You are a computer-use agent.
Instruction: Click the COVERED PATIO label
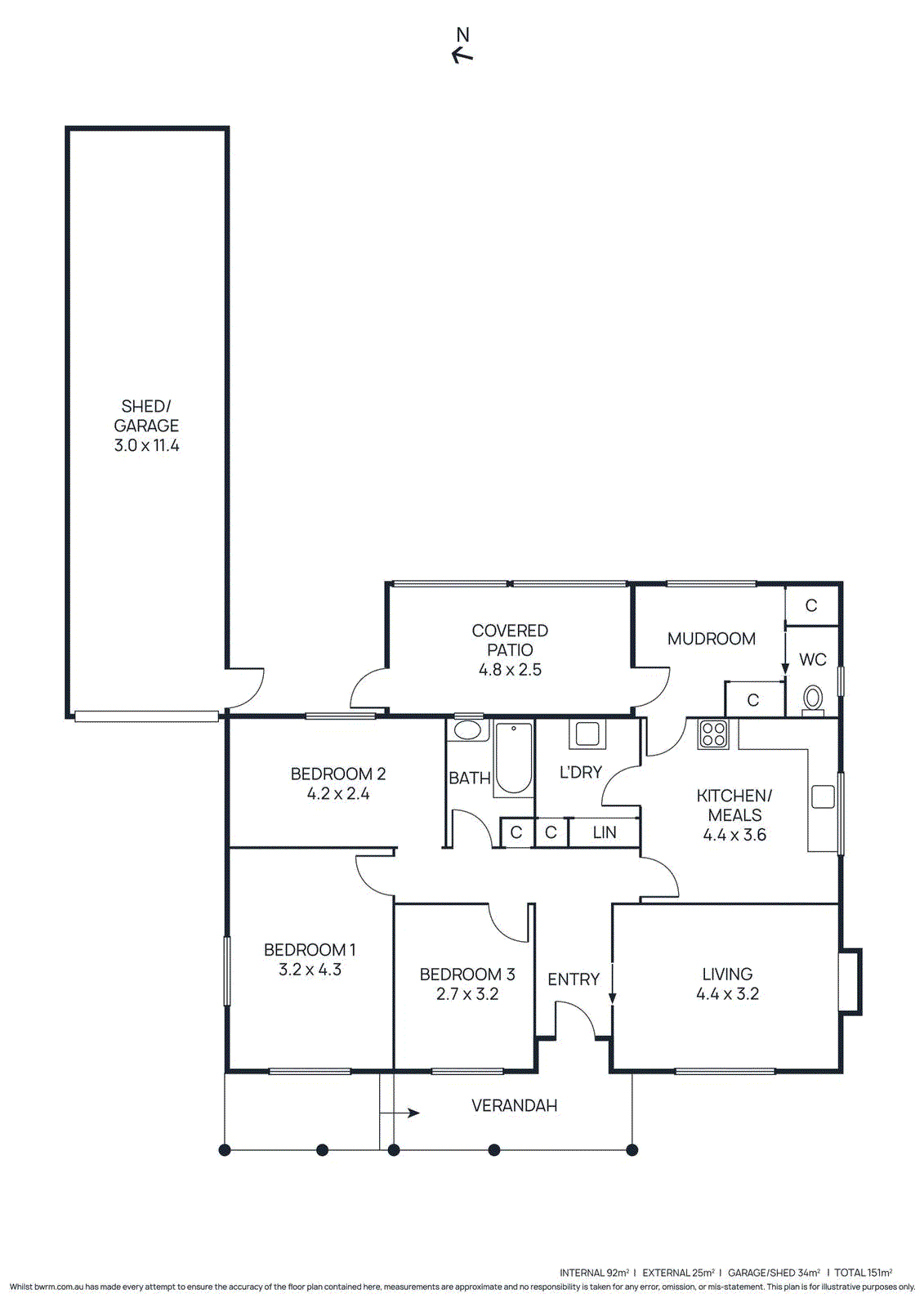(510, 640)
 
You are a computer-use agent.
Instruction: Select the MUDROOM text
(711, 639)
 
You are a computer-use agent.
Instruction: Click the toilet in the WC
(813, 698)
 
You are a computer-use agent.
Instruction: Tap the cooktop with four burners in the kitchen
(713, 734)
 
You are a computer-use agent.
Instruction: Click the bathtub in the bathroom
(513, 758)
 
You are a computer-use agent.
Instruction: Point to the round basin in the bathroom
(467, 729)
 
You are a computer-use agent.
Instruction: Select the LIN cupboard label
(605, 832)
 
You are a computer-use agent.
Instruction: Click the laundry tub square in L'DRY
(587, 734)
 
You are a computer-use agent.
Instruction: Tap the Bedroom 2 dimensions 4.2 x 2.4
(338, 794)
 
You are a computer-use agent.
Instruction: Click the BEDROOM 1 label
(310, 950)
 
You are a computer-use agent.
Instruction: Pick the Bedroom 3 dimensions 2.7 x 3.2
(467, 994)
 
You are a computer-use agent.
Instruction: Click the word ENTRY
(574, 979)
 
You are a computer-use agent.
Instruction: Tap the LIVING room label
(727, 975)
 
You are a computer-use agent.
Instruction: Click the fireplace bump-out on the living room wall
(850, 981)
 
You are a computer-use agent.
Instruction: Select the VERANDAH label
(514, 1106)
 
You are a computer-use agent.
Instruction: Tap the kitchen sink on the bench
(823, 796)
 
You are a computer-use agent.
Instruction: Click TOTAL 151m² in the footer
(863, 1273)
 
